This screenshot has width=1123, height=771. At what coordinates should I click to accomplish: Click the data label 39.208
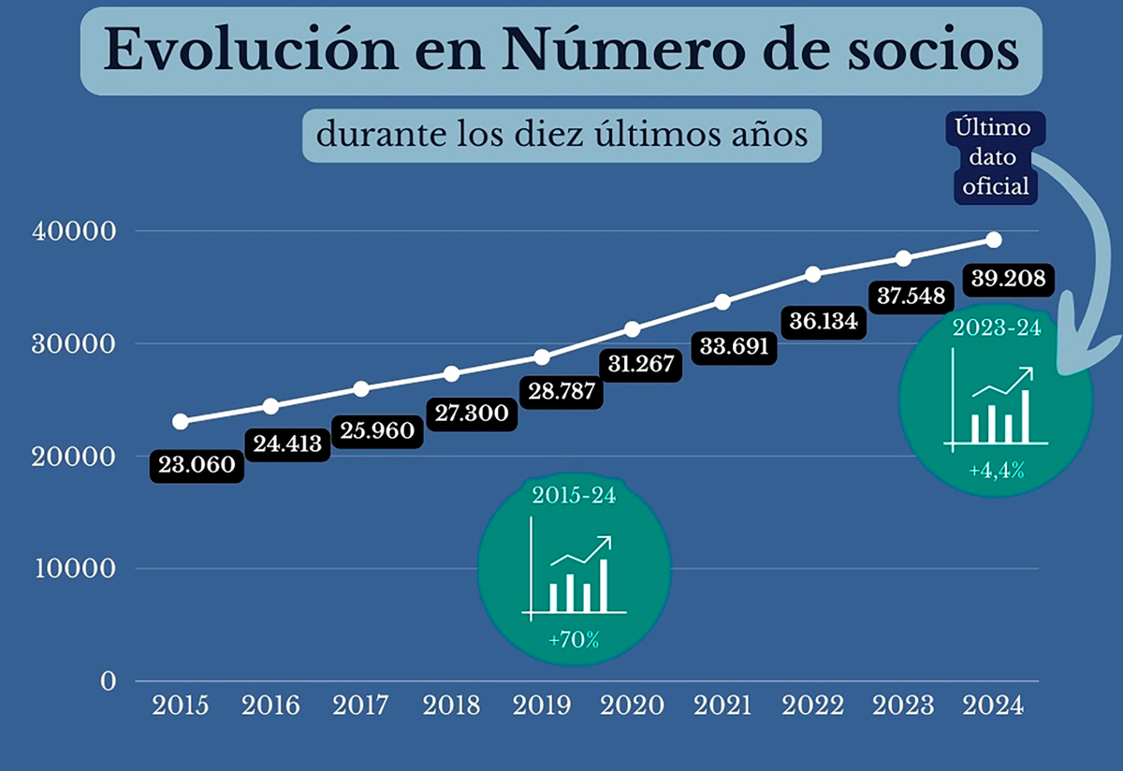coord(1008,279)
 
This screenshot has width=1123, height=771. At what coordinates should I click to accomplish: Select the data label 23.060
coord(197,466)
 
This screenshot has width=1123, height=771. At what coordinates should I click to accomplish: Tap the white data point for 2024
coord(994,240)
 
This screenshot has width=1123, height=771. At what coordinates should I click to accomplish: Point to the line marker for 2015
coord(180,421)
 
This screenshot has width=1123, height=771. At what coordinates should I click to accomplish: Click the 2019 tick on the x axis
coord(542,705)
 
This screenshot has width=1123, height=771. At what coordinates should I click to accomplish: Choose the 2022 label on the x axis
coord(813,705)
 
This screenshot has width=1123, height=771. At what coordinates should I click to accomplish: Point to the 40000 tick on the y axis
coord(73,231)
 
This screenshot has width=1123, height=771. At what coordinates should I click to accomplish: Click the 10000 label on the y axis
coord(73,569)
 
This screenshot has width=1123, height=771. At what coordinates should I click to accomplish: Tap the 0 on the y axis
coord(108,681)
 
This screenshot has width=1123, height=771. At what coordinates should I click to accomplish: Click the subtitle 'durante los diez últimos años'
coord(561,135)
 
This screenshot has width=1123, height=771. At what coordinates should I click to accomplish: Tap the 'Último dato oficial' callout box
coord(992,157)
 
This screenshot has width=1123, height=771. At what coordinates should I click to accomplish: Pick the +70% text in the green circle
coord(574,641)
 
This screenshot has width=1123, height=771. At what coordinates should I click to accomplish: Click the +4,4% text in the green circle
coord(996,471)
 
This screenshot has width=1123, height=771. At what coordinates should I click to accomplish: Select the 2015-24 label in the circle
coord(574,496)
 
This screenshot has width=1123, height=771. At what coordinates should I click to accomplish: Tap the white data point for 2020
coord(633,328)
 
